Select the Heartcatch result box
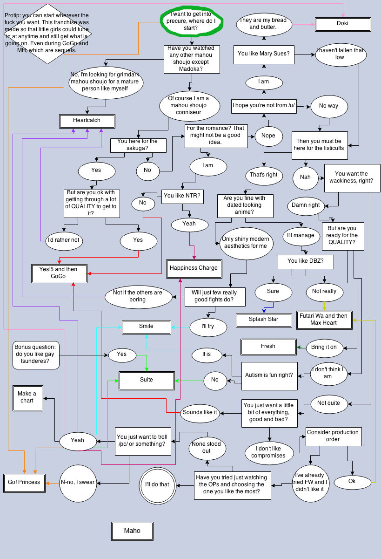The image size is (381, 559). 87,121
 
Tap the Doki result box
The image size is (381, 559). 343,24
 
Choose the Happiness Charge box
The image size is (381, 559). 194,268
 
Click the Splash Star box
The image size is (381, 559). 264,320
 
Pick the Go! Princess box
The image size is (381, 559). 24,483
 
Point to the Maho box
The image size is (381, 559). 132,531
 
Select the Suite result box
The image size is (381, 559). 147,380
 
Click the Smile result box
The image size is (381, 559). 146,327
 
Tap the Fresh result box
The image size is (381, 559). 268,347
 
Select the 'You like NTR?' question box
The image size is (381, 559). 182,196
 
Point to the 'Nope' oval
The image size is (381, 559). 268,136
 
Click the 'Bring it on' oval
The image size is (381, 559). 324,348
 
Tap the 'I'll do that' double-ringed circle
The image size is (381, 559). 158,484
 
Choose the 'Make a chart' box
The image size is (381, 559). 27,397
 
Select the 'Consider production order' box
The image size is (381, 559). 333,436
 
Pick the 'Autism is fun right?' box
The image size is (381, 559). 269,375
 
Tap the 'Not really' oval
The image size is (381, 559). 324,292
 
